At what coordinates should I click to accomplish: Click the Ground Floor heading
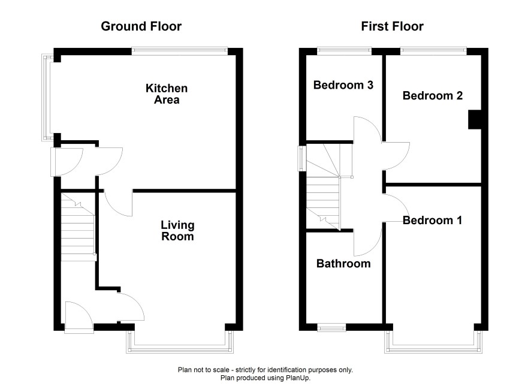click(141, 26)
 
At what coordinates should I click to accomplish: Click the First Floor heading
click(392, 26)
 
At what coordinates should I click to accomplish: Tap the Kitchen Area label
click(167, 94)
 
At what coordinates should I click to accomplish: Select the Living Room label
click(177, 231)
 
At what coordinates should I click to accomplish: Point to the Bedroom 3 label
click(343, 85)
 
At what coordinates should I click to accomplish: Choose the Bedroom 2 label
click(433, 95)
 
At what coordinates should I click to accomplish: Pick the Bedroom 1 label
click(433, 221)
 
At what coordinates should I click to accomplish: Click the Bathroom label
click(343, 264)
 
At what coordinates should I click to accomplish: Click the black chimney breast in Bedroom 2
click(475, 119)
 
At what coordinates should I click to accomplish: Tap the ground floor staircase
click(77, 227)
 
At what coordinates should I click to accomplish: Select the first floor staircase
click(324, 187)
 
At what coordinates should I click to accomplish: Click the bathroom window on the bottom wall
click(331, 327)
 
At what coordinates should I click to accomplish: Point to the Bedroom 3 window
click(344, 51)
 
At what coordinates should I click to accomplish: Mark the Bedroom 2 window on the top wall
click(433, 51)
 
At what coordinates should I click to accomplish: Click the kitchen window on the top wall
click(180, 51)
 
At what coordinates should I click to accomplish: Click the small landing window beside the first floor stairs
click(302, 158)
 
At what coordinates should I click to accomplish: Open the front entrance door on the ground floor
click(79, 317)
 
